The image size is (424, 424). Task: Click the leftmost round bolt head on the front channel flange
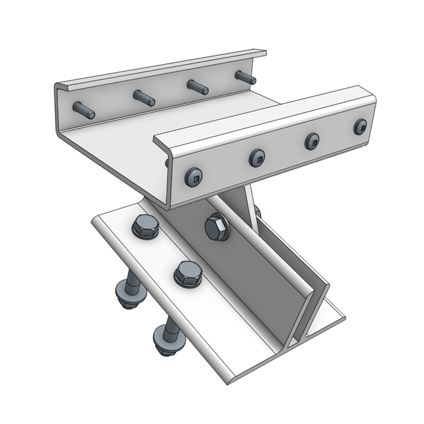click(x=193, y=176)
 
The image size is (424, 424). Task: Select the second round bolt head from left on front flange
click(x=257, y=158)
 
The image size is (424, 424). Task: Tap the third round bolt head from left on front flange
click(x=312, y=141)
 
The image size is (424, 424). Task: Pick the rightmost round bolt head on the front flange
click(x=360, y=127)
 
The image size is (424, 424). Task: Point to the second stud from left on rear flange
click(x=144, y=98)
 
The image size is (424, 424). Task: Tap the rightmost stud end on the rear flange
click(x=245, y=77)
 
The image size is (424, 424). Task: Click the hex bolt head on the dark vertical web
click(x=217, y=229)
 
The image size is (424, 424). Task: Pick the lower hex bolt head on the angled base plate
click(x=187, y=274)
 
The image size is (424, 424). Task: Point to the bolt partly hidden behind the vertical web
click(x=257, y=212)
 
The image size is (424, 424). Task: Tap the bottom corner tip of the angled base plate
click(x=231, y=382)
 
